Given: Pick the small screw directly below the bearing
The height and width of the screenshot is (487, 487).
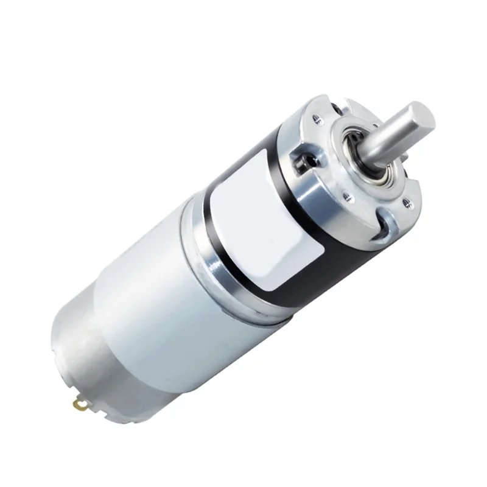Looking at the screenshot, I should pyautogui.click(x=349, y=196).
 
